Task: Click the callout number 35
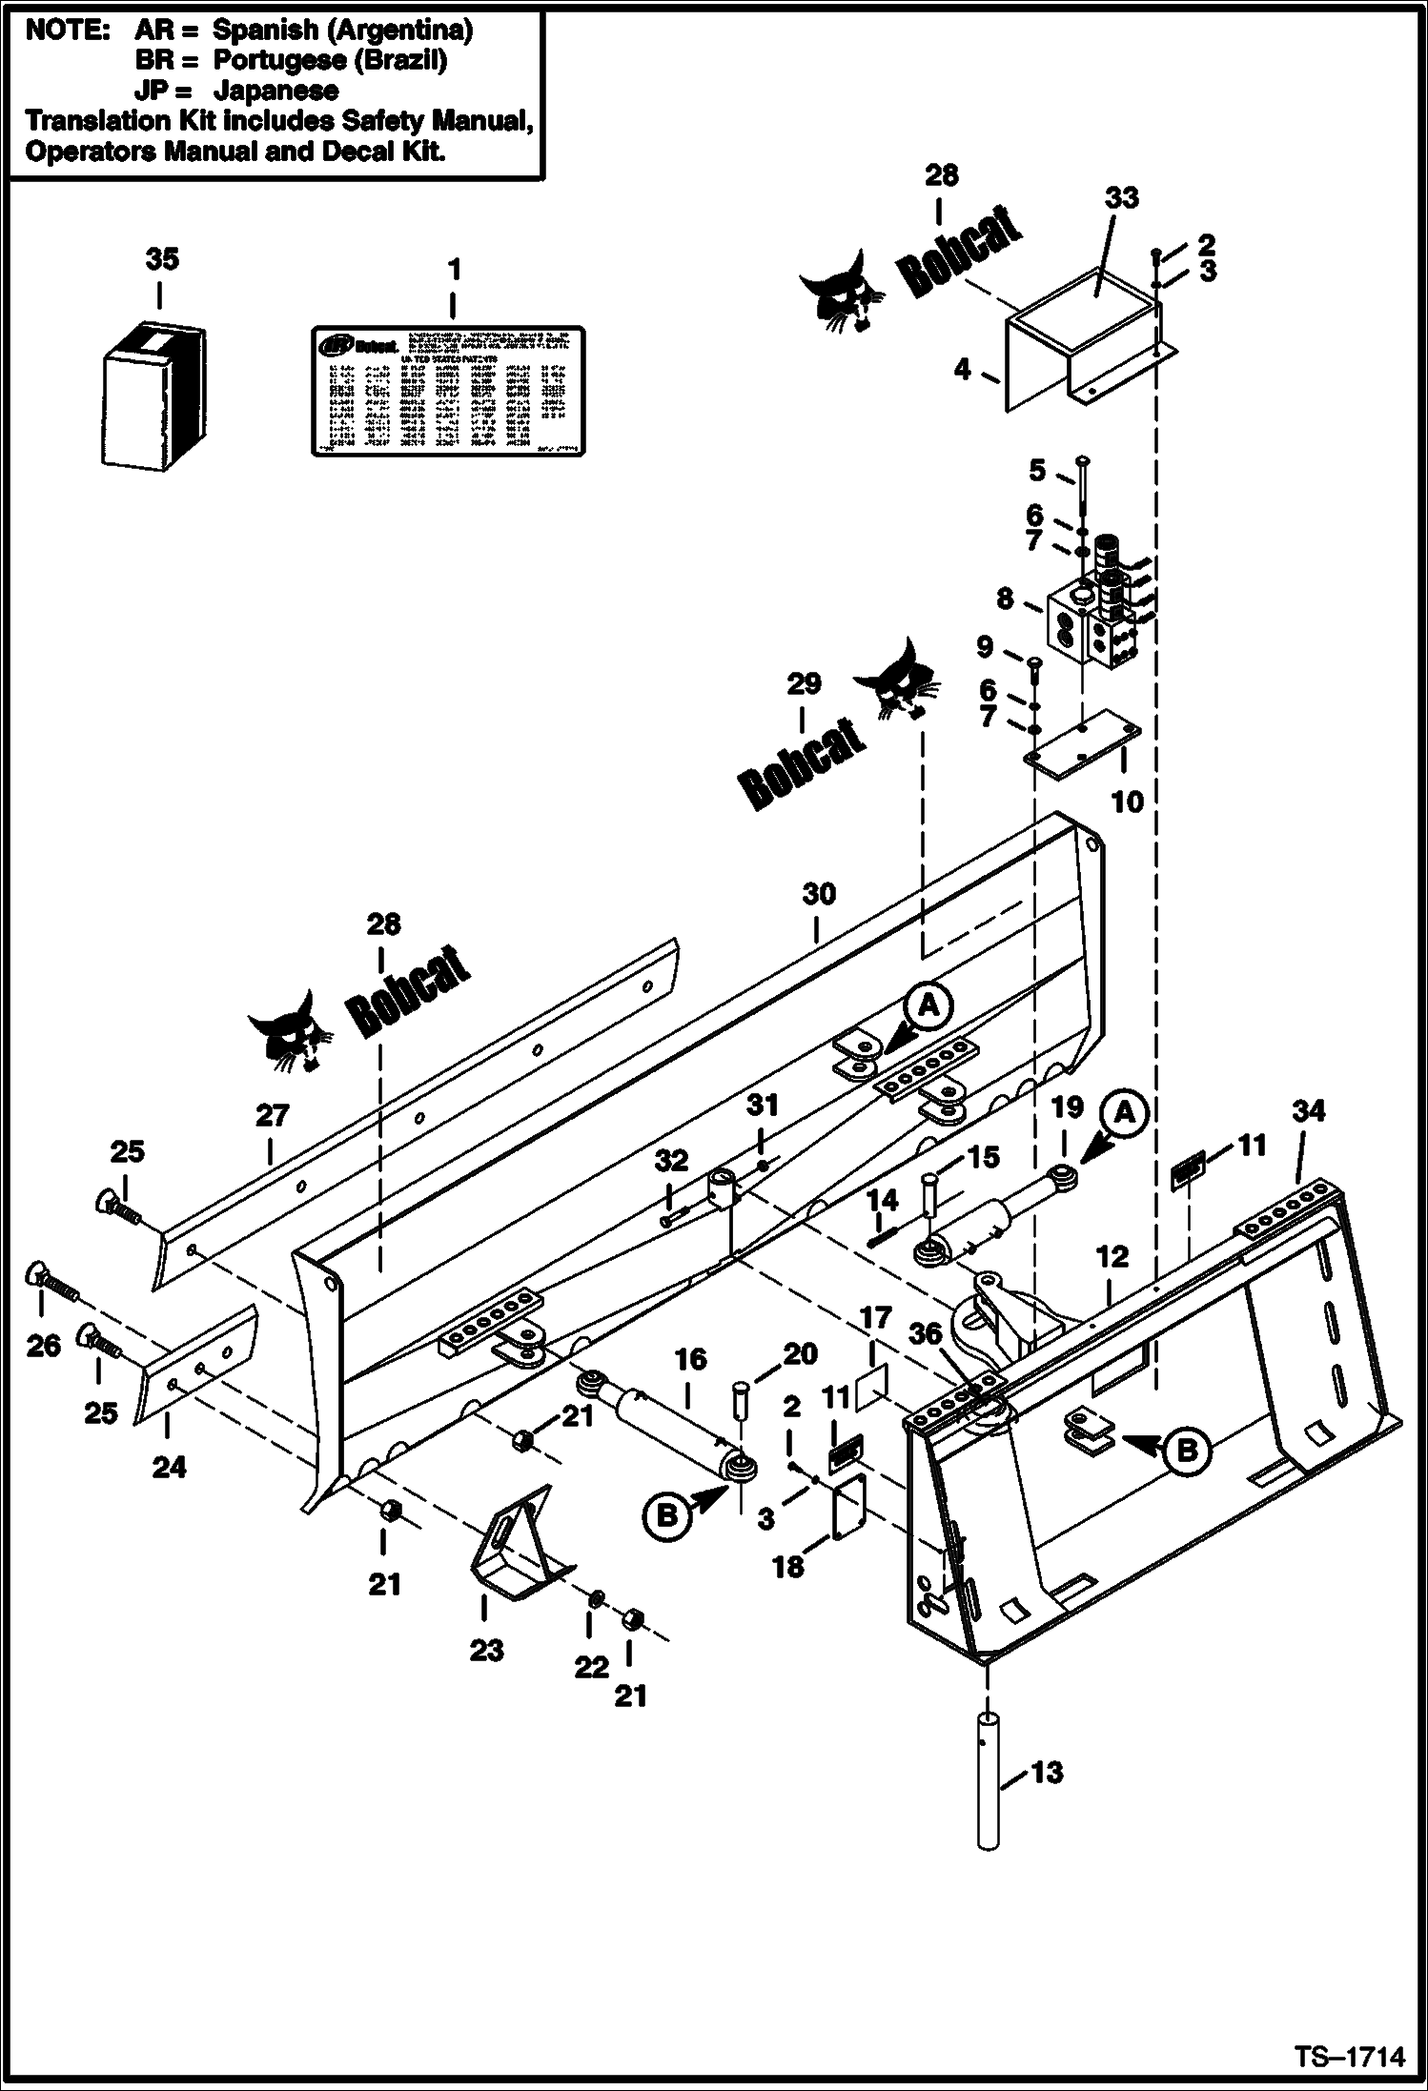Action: coord(162,259)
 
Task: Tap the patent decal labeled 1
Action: coord(447,390)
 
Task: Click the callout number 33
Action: coord(1122,198)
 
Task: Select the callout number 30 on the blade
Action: coord(819,894)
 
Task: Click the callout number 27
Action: coord(272,1116)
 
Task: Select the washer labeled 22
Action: coord(593,1597)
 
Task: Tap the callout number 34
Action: coord(1308,1110)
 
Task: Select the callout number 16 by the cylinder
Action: coord(690,1359)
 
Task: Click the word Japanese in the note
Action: coord(276,91)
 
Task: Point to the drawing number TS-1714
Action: coord(1349,2058)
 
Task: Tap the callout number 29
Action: coord(803,684)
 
